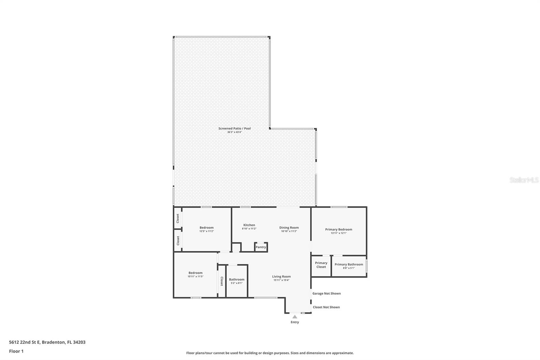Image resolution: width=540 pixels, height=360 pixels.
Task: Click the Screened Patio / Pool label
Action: [234, 128]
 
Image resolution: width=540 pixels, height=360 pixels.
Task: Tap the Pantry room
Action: [261, 247]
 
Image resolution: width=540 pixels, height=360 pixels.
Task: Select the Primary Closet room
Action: [321, 265]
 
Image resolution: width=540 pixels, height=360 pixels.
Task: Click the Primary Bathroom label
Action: [349, 264]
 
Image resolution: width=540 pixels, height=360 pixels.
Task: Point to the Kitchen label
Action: [249, 225]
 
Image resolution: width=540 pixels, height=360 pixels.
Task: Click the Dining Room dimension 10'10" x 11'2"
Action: [289, 231]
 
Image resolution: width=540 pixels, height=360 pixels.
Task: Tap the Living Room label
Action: [281, 277]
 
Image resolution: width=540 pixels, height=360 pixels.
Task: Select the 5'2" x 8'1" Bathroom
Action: [236, 281]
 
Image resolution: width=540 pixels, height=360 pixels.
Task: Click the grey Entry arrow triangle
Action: [295, 317]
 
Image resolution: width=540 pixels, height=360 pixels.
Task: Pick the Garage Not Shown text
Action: [326, 293]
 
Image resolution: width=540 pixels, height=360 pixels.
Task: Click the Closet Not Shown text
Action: [326, 307]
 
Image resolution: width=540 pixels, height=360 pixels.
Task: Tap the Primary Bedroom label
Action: [339, 229]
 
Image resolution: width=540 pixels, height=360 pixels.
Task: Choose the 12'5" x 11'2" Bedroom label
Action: [206, 228]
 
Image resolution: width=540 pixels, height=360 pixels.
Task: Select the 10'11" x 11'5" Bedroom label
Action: [195, 273]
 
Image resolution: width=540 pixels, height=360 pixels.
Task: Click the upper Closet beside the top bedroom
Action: [178, 218]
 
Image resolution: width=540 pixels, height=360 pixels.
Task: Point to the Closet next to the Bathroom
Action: [222, 281]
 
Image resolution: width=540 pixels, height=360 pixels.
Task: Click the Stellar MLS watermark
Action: [524, 180]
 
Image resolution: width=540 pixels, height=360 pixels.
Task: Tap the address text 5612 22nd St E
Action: [47, 342]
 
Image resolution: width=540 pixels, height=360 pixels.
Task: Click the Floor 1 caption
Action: [16, 351]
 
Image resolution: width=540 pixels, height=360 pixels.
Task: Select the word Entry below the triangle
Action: [295, 322]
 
